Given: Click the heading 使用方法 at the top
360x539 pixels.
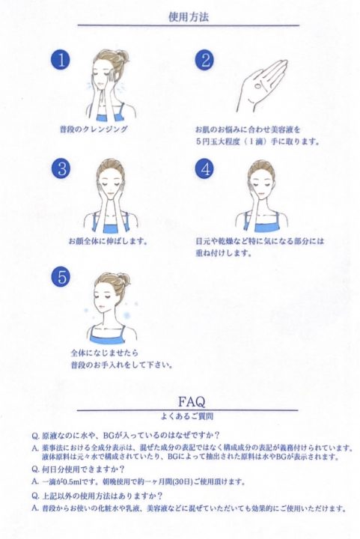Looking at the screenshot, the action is (x=189, y=17).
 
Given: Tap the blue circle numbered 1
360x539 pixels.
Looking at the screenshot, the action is (x=61, y=61).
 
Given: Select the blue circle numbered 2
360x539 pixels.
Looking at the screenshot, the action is (x=205, y=61).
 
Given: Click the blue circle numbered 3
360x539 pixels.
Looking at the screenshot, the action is (x=62, y=168).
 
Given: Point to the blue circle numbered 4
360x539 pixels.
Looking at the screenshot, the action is (x=205, y=168).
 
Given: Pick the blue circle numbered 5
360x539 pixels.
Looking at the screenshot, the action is (x=61, y=277).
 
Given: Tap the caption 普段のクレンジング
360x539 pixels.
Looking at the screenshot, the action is (x=94, y=130).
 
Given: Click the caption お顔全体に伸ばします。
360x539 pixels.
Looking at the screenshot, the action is (x=108, y=241).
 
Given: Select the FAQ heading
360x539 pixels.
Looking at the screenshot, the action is (x=192, y=401).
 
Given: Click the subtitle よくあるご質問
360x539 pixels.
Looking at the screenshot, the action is (x=187, y=416).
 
